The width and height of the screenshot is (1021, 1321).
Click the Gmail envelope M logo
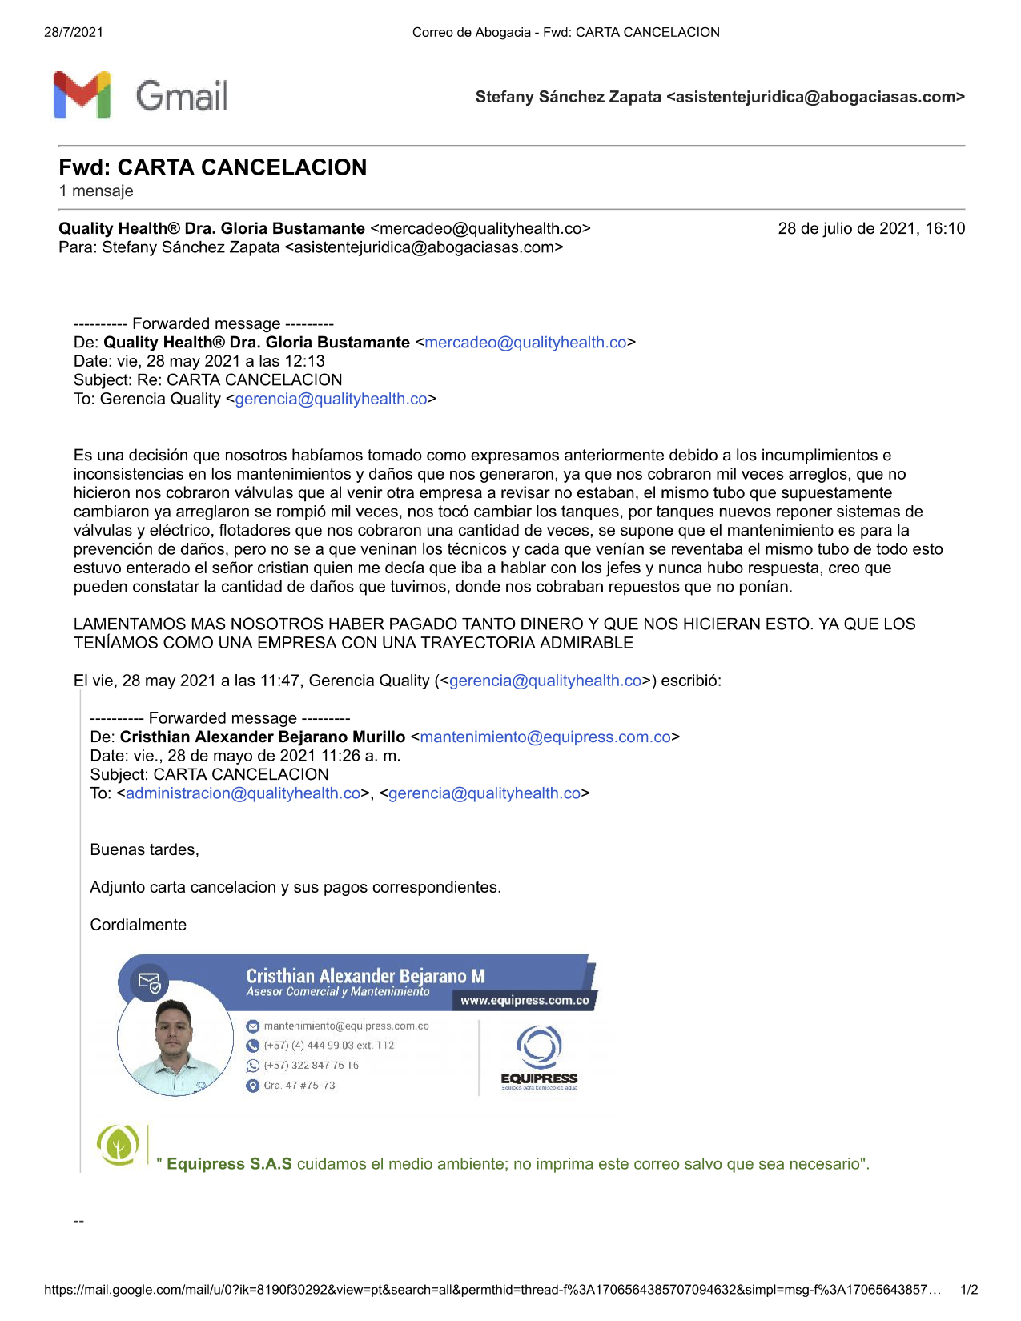82,95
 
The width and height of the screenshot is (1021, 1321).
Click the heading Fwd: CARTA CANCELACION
212,167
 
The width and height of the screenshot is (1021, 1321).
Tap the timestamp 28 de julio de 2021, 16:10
871,229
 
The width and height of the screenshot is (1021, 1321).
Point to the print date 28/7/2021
74,32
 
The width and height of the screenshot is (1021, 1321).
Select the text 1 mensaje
96,191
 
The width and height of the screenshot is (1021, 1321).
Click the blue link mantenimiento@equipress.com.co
545,737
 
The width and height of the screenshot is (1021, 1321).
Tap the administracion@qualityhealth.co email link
243,793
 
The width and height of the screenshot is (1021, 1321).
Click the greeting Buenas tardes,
144,850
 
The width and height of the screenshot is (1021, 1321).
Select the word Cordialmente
138,925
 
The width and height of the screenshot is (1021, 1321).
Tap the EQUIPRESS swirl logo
539,1046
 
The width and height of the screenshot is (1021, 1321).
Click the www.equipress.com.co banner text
525,1001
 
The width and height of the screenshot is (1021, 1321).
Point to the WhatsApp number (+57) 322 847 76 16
311,1066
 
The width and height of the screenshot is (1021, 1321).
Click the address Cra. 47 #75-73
299,1086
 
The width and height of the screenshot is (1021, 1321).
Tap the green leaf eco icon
119,1144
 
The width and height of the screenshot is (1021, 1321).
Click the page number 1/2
969,1290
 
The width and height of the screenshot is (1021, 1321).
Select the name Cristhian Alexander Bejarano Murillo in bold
262,737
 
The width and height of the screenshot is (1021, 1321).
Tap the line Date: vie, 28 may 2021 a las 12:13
199,361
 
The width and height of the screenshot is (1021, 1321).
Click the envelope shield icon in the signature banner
149,982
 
